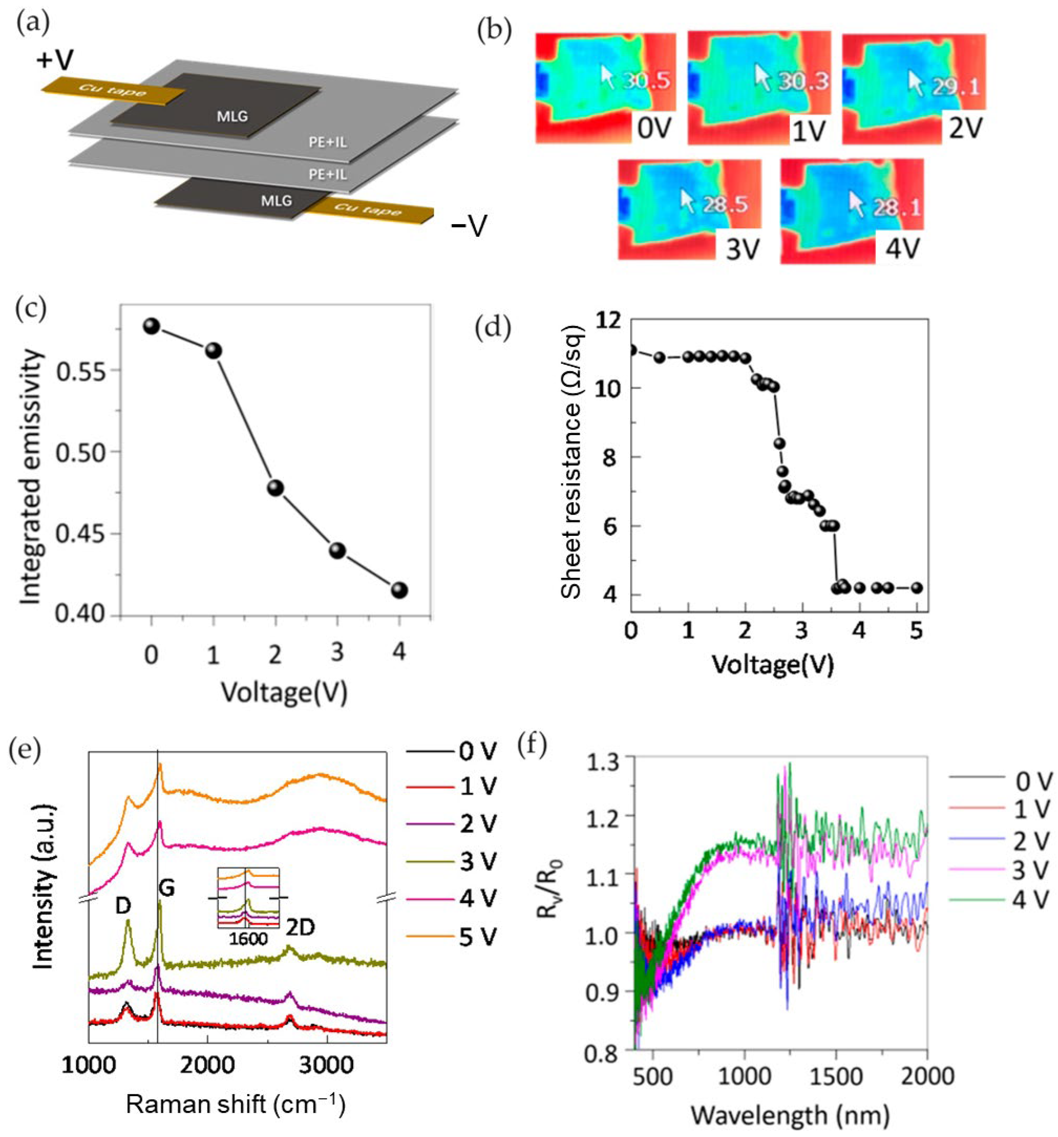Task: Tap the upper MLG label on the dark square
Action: (232, 116)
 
